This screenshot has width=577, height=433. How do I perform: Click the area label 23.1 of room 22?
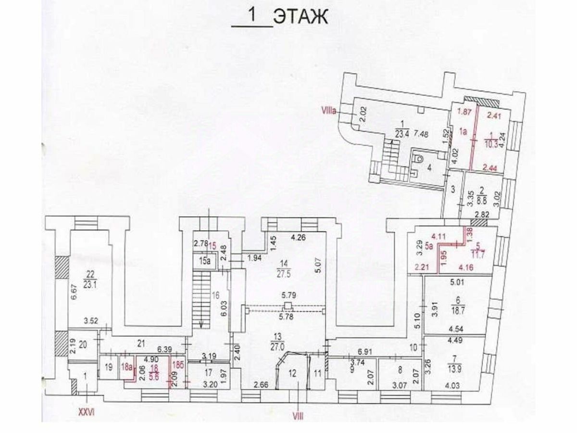tap(88, 284)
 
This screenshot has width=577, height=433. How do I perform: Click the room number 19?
tap(108, 367)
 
